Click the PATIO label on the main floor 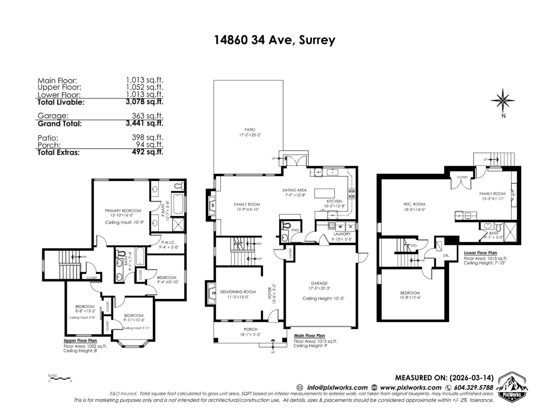[250, 130]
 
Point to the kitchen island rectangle [324, 193]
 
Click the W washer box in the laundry [340, 227]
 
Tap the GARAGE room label [319, 283]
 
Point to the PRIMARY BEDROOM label [123, 211]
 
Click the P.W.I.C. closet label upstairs [169, 243]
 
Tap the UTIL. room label [446, 256]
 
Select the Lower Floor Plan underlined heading [480, 253]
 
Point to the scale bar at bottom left [60, 378]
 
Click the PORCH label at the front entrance [250, 329]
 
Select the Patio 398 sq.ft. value [147, 137]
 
